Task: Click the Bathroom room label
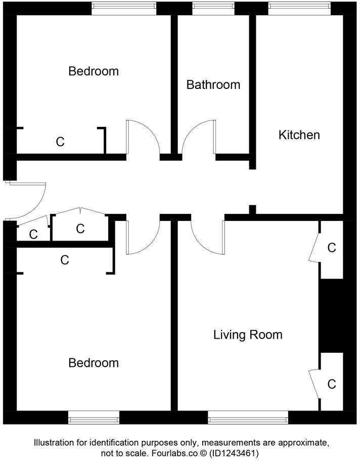[x=213, y=84]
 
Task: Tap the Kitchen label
[x=299, y=135]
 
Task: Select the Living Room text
[x=248, y=335]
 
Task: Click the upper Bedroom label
[x=94, y=71]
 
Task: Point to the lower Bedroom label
[x=94, y=363]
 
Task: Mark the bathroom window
[x=213, y=8]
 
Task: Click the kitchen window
[x=299, y=8]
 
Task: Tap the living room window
[x=248, y=417]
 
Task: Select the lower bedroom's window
[x=94, y=417]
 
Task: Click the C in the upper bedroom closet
[x=60, y=142]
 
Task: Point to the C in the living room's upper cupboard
[x=332, y=248]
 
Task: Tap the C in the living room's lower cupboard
[x=332, y=384]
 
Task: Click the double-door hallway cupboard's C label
[x=80, y=229]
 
